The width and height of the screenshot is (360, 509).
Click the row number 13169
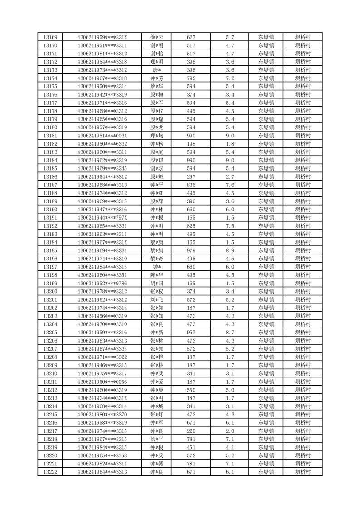tap(50, 37)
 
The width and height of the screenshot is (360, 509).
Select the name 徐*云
tap(157, 37)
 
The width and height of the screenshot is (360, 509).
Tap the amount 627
tap(191, 37)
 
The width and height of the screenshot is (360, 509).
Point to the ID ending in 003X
tap(102, 136)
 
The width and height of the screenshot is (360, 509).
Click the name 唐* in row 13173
tap(157, 70)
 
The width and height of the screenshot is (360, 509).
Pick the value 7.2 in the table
tap(229, 78)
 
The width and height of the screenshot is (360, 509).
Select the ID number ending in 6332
tap(102, 144)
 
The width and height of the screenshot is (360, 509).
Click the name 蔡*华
tap(157, 86)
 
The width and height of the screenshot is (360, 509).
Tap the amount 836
tap(191, 185)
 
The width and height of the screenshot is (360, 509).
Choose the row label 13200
tap(50, 291)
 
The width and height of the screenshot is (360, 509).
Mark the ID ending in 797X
tap(102, 218)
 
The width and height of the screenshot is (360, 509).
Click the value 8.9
tap(229, 250)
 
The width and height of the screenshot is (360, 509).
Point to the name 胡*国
tap(157, 283)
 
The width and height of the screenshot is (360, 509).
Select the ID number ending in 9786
tap(102, 283)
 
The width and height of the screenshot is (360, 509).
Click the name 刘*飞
tap(157, 299)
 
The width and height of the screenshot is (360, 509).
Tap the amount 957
tap(191, 333)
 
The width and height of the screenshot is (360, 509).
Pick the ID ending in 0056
tap(102, 382)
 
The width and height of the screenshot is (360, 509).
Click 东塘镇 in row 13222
tap(266, 472)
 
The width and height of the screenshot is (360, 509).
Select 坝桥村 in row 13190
tap(302, 209)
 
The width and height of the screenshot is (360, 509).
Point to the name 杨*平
tap(157, 439)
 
